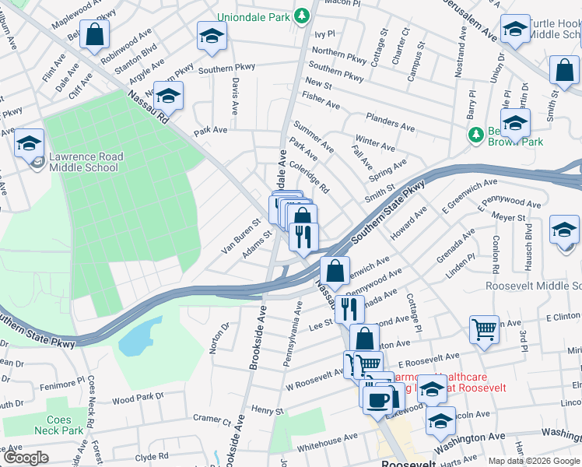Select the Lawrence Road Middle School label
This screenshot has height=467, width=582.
[x=84, y=162]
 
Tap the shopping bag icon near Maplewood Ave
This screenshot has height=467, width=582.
[x=94, y=35]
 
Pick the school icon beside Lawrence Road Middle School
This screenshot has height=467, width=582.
[x=30, y=144]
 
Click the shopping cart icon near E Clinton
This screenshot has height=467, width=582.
[x=484, y=329]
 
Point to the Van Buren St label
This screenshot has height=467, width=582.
[x=239, y=226]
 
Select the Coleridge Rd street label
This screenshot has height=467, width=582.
[x=310, y=177]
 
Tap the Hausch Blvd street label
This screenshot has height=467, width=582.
[x=528, y=242]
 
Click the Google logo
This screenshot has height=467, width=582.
[x=26, y=457]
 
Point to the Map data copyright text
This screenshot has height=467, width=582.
[x=533, y=460]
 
